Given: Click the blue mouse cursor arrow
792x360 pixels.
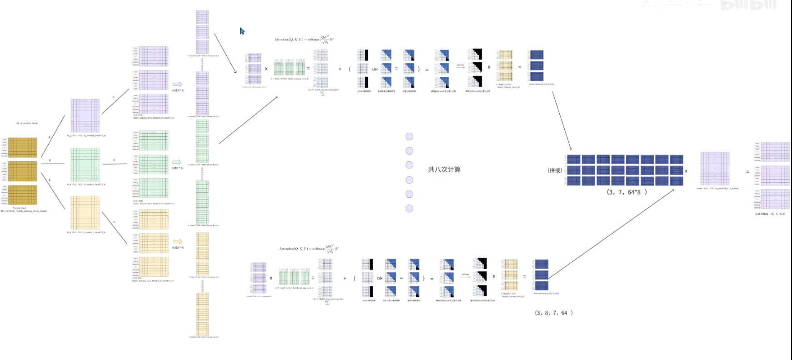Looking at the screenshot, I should pos(242,31).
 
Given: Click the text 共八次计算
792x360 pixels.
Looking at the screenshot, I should pos(444,170).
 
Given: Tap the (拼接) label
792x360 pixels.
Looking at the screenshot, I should pos(555,170).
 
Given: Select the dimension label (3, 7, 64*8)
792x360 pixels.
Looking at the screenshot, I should pos(627,192).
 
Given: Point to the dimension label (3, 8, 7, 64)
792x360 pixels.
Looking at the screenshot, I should pos(553,313).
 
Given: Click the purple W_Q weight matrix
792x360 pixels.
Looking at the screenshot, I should pos(85,115).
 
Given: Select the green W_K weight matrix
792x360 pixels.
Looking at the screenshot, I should pos(85,165).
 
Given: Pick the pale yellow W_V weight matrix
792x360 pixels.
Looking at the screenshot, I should pos(85,213).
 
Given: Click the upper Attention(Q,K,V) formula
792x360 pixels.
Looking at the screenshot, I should pos(304,39).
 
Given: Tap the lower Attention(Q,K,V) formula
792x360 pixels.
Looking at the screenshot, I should pos(309,248).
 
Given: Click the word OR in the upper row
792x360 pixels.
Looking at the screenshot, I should pos(375,70).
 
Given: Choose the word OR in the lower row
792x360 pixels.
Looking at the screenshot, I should pos(380,278).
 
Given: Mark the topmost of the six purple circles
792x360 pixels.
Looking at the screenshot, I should pos(409,136).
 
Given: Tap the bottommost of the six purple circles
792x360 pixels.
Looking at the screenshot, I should pos(409,209).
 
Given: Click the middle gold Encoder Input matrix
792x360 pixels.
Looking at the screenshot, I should pos(23,171).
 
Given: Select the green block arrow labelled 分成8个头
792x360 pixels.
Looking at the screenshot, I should pos(177,162).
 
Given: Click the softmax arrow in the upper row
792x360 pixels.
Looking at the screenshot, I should pos(460,67).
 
